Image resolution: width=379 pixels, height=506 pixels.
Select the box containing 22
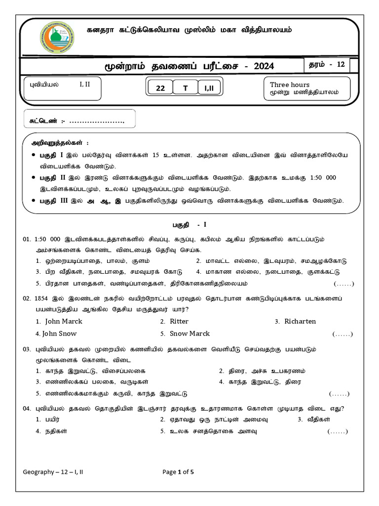(x=160, y=88)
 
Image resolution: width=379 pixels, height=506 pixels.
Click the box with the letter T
(x=186, y=88)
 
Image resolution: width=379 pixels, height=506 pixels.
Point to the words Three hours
(x=290, y=84)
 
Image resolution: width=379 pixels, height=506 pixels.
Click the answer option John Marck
(x=64, y=321)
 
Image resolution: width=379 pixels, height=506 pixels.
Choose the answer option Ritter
(x=179, y=321)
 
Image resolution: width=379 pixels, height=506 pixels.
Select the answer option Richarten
(x=300, y=321)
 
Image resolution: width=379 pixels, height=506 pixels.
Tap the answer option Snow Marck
(x=190, y=334)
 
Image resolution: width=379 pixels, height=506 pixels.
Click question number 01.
(x=27, y=239)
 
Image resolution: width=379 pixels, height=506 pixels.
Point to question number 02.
(x=27, y=298)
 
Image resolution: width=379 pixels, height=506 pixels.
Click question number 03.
(x=27, y=349)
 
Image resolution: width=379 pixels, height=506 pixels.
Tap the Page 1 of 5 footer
(x=178, y=472)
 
